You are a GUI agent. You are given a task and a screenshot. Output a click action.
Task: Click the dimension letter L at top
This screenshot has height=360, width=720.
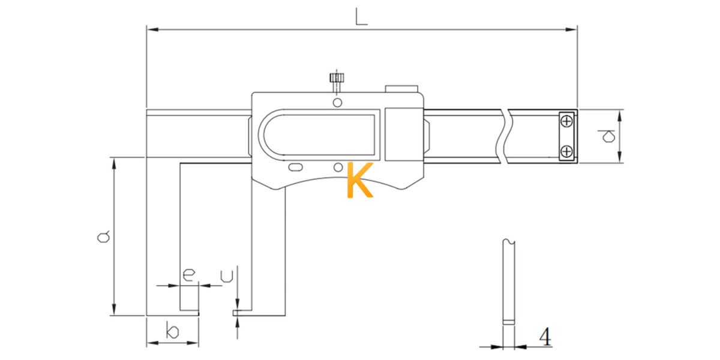pyautogui.click(x=361, y=17)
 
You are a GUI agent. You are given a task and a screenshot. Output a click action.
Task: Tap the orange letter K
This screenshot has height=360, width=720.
pyautogui.click(x=360, y=179)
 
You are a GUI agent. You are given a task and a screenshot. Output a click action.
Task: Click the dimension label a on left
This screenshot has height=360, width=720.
pyautogui.click(x=103, y=236)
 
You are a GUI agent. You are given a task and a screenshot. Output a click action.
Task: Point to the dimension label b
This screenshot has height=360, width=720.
pyautogui.click(x=173, y=331)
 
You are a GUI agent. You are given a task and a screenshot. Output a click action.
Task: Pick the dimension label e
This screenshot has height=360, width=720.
pyautogui.click(x=188, y=275)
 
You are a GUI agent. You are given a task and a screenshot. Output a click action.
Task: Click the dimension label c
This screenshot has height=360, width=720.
pyautogui.click(x=227, y=277)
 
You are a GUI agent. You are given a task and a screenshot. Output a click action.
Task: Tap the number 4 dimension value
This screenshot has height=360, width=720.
pyautogui.click(x=545, y=337)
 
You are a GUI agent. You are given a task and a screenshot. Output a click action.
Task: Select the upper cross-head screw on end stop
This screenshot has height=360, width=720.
pyautogui.click(x=566, y=121)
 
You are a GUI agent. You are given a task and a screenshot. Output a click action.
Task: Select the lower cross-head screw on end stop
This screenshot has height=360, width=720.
pyautogui.click(x=566, y=151)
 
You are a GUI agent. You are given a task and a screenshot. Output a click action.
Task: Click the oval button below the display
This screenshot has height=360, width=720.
pyautogui.click(x=295, y=167)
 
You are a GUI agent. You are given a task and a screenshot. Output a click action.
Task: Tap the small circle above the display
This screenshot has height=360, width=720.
pyautogui.click(x=337, y=103)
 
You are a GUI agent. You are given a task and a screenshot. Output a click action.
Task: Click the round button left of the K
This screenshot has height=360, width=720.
pyautogui.click(x=338, y=167)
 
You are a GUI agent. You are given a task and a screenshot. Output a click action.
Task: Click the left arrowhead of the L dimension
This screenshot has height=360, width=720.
pyautogui.click(x=152, y=29)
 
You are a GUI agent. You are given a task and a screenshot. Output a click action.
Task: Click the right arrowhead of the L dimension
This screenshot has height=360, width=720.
pyautogui.click(x=571, y=29)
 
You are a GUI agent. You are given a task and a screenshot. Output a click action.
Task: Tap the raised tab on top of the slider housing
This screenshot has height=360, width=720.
pyautogui.click(x=401, y=89)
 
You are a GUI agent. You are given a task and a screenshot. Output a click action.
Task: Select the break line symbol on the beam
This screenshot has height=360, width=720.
pyautogui.click(x=505, y=136)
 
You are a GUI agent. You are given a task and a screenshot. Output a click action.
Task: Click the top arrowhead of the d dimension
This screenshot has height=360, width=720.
pyautogui.click(x=620, y=115)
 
